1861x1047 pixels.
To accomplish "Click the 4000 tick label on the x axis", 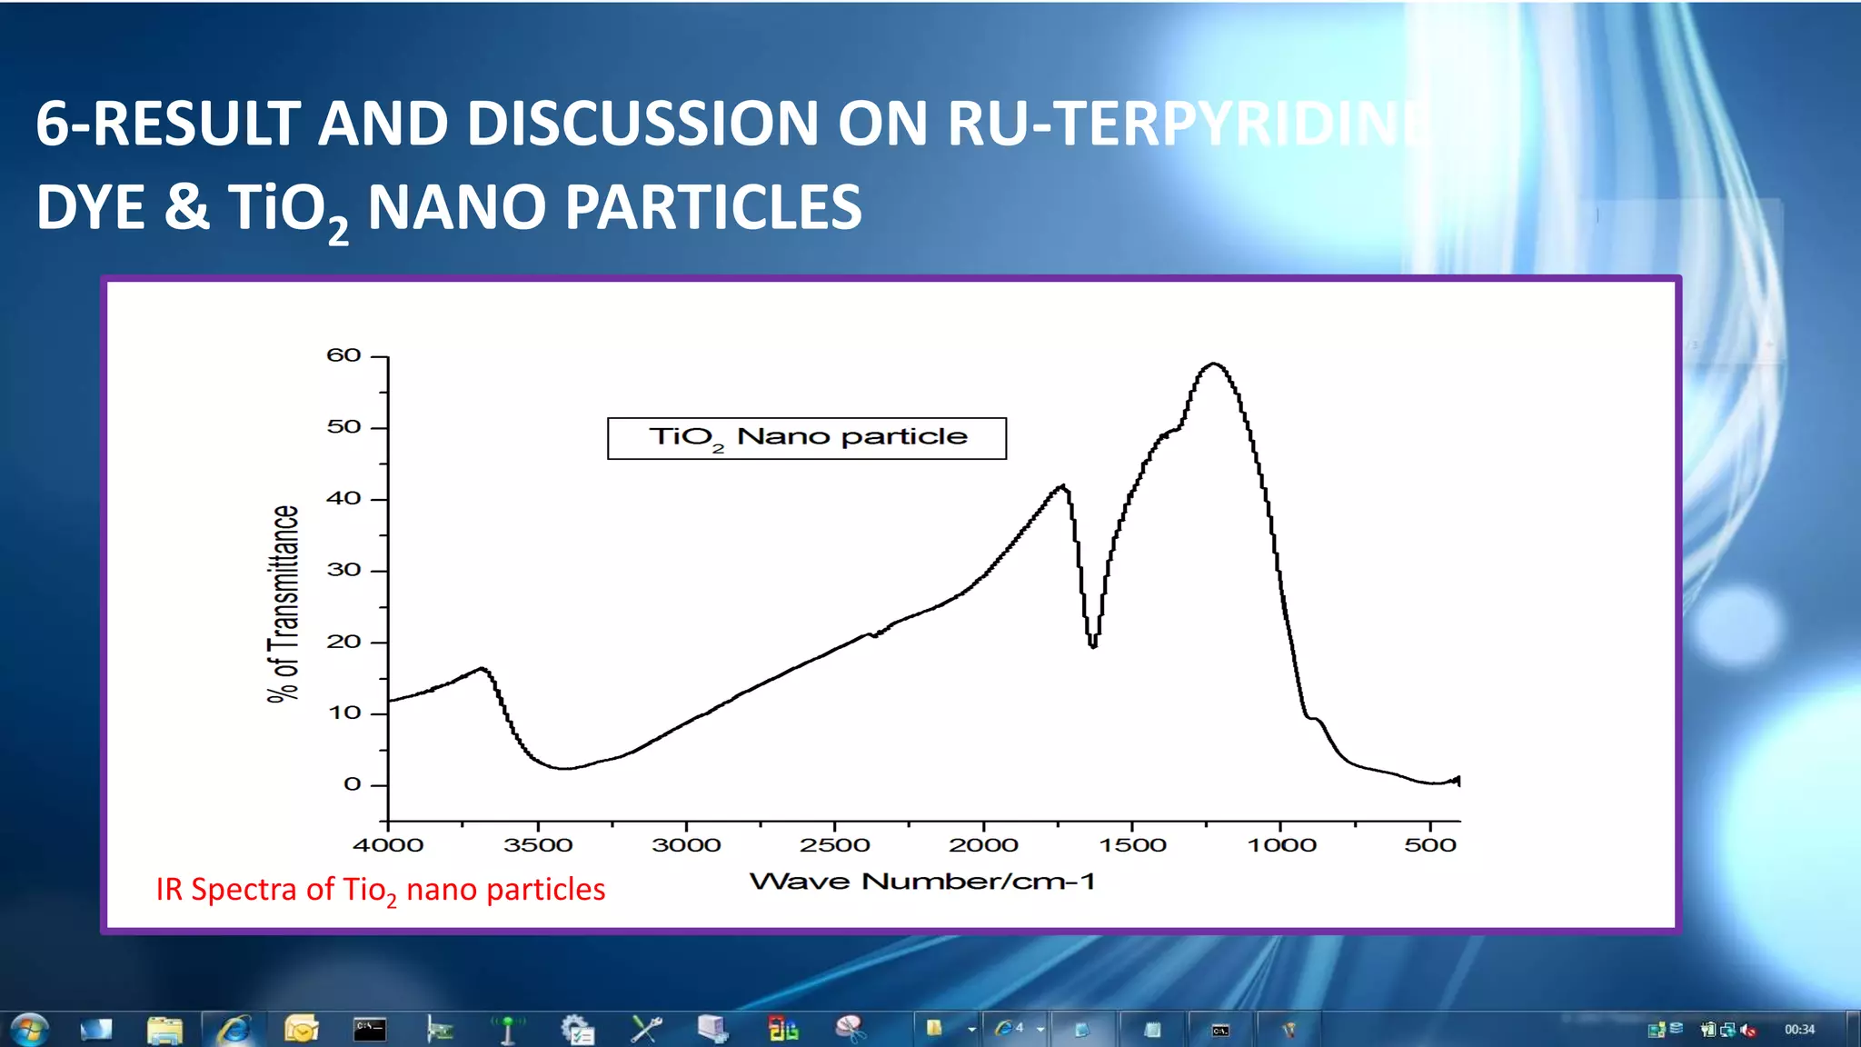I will point(388,845).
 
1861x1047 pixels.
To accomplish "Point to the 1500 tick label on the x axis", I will point(1132,845).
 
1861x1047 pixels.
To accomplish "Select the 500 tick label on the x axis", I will point(1430,845).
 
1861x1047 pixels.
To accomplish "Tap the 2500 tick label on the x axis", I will point(834,845).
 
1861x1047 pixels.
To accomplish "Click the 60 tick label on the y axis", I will point(343,355).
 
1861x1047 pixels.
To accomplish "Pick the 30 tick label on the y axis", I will point(343,570).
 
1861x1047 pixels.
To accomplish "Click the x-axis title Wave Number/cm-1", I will point(921,882).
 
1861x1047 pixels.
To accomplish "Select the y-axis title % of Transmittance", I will point(284,603).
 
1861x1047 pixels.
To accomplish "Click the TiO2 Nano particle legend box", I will point(807,438).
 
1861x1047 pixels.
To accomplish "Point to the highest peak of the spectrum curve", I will point(1214,364).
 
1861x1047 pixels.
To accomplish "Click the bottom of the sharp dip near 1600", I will point(1093,646).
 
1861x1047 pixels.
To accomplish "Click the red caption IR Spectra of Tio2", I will point(380,890).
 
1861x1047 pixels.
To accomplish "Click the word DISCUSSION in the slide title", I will point(642,124).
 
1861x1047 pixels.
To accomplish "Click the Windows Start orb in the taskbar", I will point(29,1030).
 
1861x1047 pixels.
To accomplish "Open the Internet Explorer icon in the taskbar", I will point(234,1030).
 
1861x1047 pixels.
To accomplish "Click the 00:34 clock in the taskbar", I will point(1799,1030).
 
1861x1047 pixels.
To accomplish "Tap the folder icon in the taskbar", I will point(164,1030).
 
